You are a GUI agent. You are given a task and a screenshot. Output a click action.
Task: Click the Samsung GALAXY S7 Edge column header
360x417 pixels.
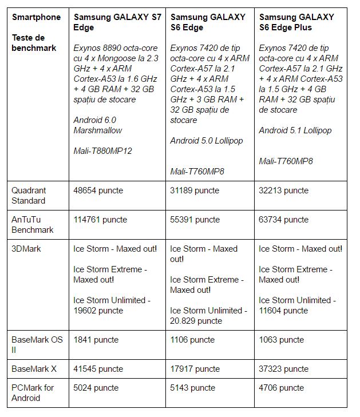click(x=117, y=22)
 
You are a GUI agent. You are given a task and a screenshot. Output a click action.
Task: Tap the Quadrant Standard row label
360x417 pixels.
click(x=29, y=196)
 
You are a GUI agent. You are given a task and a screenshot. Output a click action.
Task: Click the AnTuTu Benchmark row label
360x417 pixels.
click(x=32, y=225)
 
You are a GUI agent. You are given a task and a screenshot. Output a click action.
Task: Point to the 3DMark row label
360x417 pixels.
click(x=26, y=249)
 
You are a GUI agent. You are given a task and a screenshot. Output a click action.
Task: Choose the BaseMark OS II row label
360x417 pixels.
click(x=37, y=345)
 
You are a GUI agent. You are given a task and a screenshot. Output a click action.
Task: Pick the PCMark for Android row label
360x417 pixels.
click(x=32, y=393)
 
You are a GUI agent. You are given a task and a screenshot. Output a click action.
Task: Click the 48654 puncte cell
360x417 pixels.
click(x=98, y=190)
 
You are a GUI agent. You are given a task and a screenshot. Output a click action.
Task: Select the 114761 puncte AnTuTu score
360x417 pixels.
click(x=100, y=220)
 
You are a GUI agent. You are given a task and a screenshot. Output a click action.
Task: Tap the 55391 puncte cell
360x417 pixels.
click(x=195, y=220)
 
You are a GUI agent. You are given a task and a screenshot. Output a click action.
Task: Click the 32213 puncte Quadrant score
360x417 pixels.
click(x=283, y=190)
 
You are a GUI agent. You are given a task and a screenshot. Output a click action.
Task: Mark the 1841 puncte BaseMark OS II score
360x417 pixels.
click(x=96, y=340)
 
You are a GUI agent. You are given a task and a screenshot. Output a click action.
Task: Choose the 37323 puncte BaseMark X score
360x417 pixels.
click(x=283, y=369)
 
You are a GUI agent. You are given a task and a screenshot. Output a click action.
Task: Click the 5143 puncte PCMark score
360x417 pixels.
click(x=192, y=388)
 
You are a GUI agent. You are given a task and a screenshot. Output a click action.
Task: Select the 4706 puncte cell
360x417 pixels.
click(x=281, y=388)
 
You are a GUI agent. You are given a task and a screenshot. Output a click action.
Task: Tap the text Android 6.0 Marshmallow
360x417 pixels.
click(x=98, y=125)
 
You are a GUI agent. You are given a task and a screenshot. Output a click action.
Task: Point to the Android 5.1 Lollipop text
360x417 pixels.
click(x=295, y=130)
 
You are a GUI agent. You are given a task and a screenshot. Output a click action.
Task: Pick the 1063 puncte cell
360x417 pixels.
click(x=281, y=340)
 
